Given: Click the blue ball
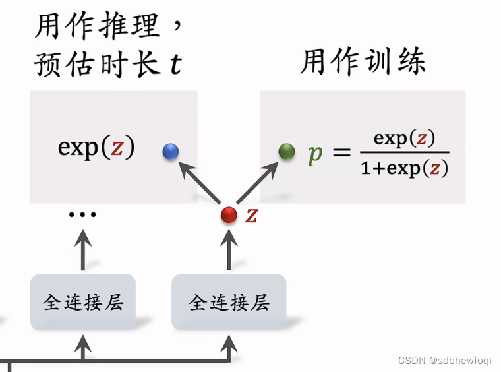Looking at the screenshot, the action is click(x=171, y=152).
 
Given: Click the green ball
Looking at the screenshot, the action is click(x=287, y=152).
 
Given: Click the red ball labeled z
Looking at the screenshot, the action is click(x=229, y=215).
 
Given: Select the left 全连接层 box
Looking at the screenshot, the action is click(x=83, y=302).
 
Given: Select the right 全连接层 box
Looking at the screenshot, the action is click(x=229, y=302).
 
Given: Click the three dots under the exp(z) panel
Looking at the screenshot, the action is click(x=83, y=214).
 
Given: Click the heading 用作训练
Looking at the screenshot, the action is click(x=363, y=62).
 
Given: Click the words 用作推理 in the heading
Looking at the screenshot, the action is click(x=96, y=26).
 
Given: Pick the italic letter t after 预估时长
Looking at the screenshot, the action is click(x=175, y=65).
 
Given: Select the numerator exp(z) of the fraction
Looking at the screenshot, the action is click(x=404, y=139).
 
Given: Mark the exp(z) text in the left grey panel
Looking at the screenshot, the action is click(x=96, y=147).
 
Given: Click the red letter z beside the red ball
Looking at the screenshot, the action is click(x=251, y=214).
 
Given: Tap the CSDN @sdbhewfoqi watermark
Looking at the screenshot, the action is click(x=445, y=361).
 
